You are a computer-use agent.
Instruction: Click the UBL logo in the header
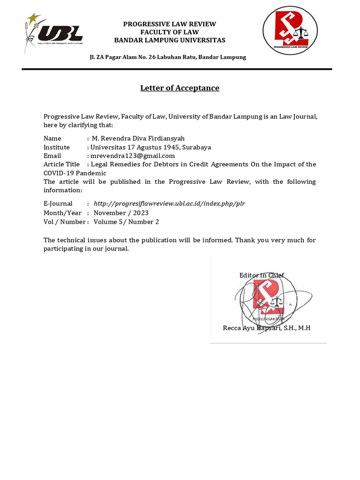pos(54,34)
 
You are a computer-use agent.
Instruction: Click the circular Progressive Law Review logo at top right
pos(290,30)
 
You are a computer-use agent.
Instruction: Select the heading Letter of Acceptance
pos(180,88)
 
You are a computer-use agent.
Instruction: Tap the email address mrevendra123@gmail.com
pos(133,156)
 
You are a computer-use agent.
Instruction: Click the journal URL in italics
pos(169,203)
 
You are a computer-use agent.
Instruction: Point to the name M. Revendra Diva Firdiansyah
pos(138,138)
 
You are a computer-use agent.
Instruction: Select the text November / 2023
pos(121,213)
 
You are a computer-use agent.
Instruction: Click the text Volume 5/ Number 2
pos(126,222)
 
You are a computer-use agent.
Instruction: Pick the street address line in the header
pos(168,57)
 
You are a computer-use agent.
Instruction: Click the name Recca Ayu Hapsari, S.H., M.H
pos(266,328)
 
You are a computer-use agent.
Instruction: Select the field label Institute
pos(56,147)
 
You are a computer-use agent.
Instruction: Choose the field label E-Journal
pos(58,203)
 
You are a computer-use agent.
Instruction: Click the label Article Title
pos(61,164)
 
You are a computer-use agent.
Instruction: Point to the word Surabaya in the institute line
pos(196,147)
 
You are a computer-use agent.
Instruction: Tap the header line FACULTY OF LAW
pos(169,32)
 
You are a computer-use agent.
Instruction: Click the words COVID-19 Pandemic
pos(75,173)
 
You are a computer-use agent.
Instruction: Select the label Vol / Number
pos(64,222)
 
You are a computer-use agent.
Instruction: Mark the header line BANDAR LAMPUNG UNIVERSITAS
pos(170,40)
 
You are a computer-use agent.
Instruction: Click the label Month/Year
pos(62,213)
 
